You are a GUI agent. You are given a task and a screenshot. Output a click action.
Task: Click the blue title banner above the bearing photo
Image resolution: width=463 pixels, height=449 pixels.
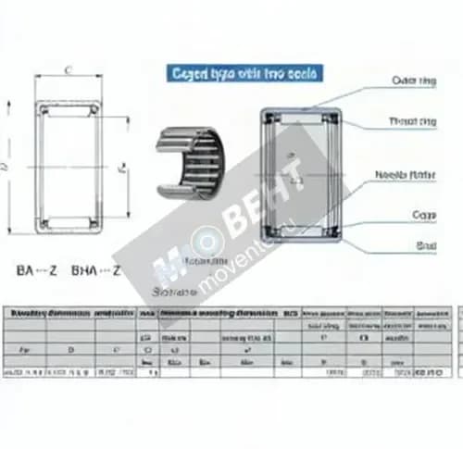(x=244, y=72)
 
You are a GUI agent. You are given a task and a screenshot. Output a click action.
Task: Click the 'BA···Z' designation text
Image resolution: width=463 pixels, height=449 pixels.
(x=37, y=271)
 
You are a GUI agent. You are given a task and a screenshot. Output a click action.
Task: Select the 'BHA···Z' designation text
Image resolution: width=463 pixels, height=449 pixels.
(x=96, y=271)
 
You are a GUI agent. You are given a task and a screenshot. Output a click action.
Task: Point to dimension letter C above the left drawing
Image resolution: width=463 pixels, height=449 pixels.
(x=68, y=69)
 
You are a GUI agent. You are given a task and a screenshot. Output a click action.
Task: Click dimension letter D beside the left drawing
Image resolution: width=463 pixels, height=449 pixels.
(x=7, y=167)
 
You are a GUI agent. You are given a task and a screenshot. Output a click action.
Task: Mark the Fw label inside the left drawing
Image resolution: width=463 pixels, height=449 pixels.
(x=119, y=169)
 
